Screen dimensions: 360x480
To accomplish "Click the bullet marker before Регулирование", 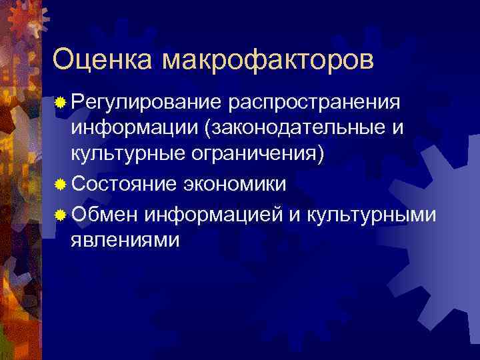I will (61, 103).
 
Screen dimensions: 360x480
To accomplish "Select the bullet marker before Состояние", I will (61, 183).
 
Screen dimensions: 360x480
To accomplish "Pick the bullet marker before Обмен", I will (61, 215).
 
